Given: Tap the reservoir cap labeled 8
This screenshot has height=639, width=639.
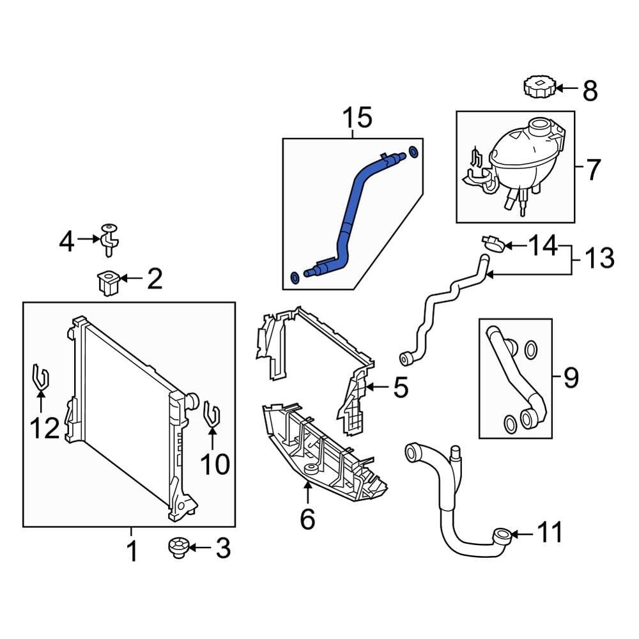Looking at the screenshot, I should pyautogui.click(x=537, y=87).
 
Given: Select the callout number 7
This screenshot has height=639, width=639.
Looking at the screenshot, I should pyautogui.click(x=593, y=170).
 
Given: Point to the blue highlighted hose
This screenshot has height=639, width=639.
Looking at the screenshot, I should pyautogui.click(x=350, y=210).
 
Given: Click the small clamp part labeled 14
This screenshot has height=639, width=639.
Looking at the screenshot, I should pyautogui.click(x=493, y=243).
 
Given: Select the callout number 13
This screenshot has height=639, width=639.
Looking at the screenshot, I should pyautogui.click(x=599, y=259).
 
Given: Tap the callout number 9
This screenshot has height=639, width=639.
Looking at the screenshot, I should pyautogui.click(x=571, y=378).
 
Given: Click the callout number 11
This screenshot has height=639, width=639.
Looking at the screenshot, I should pyautogui.click(x=550, y=532).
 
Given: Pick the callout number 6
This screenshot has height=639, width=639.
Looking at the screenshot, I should pyautogui.click(x=307, y=520).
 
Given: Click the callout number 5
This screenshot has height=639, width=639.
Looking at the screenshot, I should pyautogui.click(x=400, y=388).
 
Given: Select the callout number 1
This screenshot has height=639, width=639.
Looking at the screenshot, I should pyautogui.click(x=132, y=551).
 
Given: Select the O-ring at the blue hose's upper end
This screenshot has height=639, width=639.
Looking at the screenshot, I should pyautogui.click(x=413, y=152).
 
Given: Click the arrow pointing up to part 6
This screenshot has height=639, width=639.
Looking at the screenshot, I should pyautogui.click(x=307, y=493).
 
